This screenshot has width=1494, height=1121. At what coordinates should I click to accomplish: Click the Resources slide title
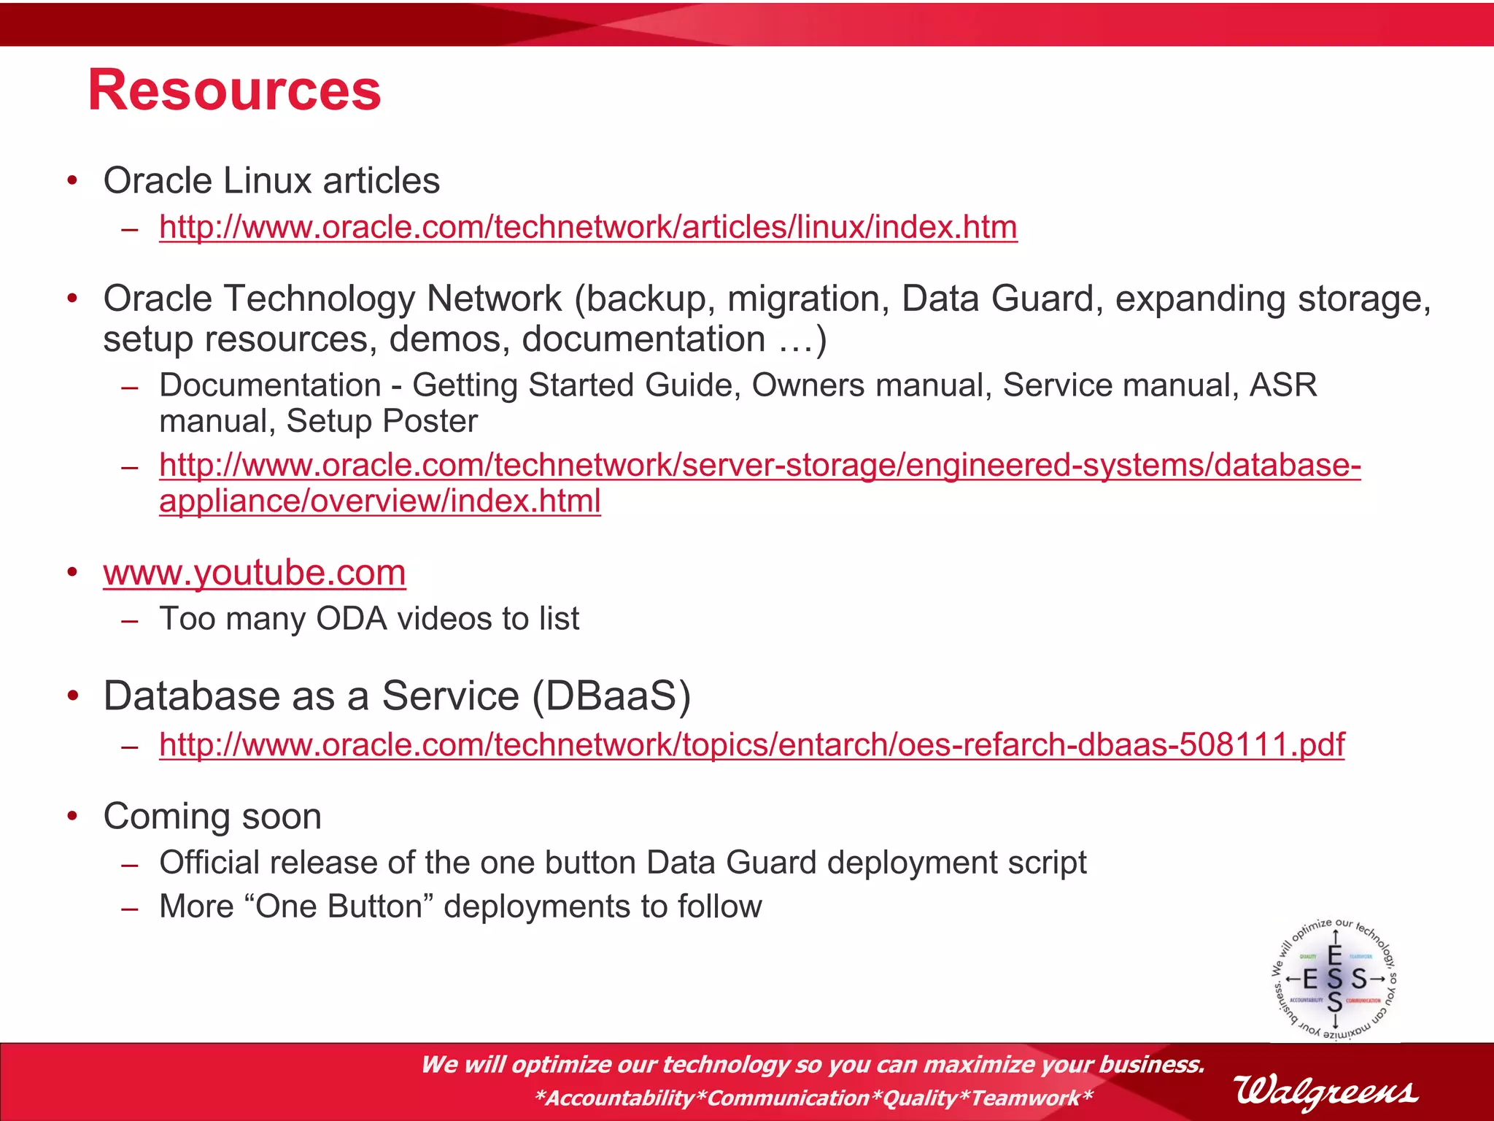[234, 90]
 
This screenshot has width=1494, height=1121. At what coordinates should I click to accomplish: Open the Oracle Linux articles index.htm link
[588, 227]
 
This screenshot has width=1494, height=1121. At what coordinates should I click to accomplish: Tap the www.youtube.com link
[255, 572]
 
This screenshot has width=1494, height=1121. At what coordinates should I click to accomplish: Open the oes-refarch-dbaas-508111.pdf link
[751, 744]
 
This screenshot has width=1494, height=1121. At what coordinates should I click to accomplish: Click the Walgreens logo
[1326, 1092]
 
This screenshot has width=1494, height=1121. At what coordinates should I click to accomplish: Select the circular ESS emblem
[1335, 979]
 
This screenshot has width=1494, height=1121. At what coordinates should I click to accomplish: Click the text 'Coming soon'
[212, 816]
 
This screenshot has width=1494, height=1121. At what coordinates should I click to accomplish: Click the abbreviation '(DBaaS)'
[611, 696]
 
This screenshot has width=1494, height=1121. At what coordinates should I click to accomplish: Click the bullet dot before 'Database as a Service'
[72, 696]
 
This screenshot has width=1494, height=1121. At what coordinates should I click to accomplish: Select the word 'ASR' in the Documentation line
[1283, 385]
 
